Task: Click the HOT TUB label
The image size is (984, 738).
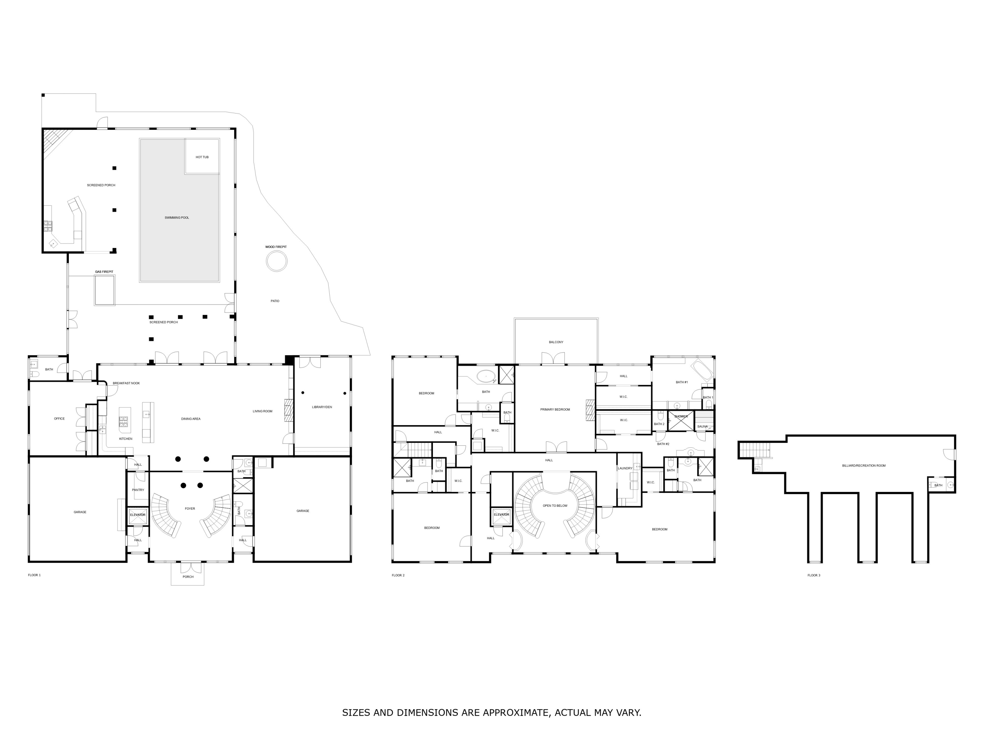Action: (202, 157)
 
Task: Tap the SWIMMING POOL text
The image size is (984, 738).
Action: (176, 217)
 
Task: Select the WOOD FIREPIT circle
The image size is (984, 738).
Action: (276, 261)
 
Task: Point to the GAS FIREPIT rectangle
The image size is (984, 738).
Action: (105, 290)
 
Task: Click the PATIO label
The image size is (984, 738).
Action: (275, 301)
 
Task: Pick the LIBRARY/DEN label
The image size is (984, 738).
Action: (322, 407)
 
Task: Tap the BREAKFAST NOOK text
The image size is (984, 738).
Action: (126, 383)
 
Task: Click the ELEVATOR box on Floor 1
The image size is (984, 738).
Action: (137, 515)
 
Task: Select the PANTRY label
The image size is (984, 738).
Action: (138, 490)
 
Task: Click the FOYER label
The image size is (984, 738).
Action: (190, 508)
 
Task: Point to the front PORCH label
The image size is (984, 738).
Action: (188, 577)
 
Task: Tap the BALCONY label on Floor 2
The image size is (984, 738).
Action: (556, 342)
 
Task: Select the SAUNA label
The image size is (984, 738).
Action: (703, 426)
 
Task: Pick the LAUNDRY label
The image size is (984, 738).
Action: (625, 468)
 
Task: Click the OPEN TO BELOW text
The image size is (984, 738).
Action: (555, 506)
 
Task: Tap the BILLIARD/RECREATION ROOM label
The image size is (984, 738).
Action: (863, 465)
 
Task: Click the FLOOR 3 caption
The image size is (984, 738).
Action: (814, 575)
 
